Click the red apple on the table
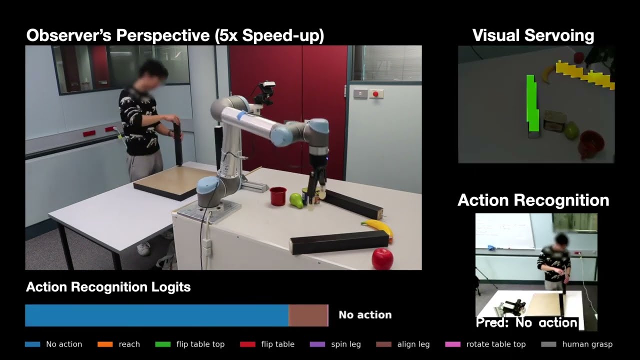point(382,259)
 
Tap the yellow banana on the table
point(378,228)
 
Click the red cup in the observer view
point(278,195)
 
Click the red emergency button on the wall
point(374,93)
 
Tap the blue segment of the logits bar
point(156,315)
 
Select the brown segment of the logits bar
point(307,315)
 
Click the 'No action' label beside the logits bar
point(365,315)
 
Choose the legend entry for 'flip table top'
point(200,344)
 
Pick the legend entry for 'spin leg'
point(345,344)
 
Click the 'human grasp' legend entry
point(587,344)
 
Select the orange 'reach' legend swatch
point(104,344)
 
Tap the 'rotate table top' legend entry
point(495,344)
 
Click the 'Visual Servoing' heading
point(533,35)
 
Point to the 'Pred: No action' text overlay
point(526,322)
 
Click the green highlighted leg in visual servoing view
point(532,104)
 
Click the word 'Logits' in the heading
point(170,287)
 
